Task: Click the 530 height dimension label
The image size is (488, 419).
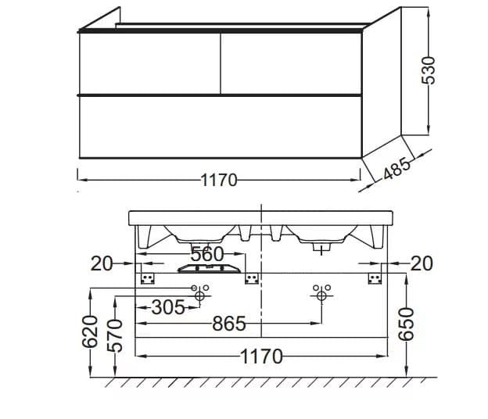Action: pos(428,70)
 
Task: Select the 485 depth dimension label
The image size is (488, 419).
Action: pos(396,169)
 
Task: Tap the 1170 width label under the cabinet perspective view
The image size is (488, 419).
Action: pos(219,180)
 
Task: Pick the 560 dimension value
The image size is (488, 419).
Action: pos(207,254)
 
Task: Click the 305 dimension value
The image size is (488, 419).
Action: pos(168,307)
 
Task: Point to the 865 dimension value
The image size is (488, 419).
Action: pos(229,324)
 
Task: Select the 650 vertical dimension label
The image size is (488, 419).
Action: pos(407,324)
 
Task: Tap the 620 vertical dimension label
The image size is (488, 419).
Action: pos(90,331)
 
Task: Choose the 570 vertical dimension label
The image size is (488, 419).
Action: pos(115,335)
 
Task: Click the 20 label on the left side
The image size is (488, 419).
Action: pos(102,263)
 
